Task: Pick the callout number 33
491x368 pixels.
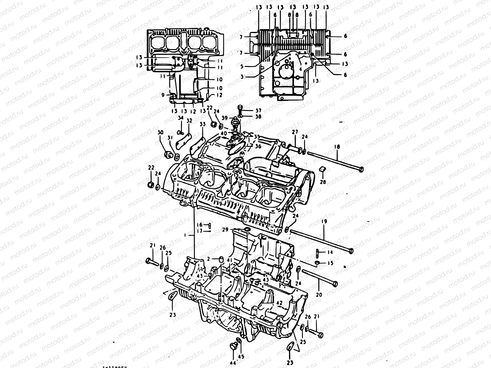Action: tap(202, 125)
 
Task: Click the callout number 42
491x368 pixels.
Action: tap(279, 302)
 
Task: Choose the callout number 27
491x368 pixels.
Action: tap(295, 132)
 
